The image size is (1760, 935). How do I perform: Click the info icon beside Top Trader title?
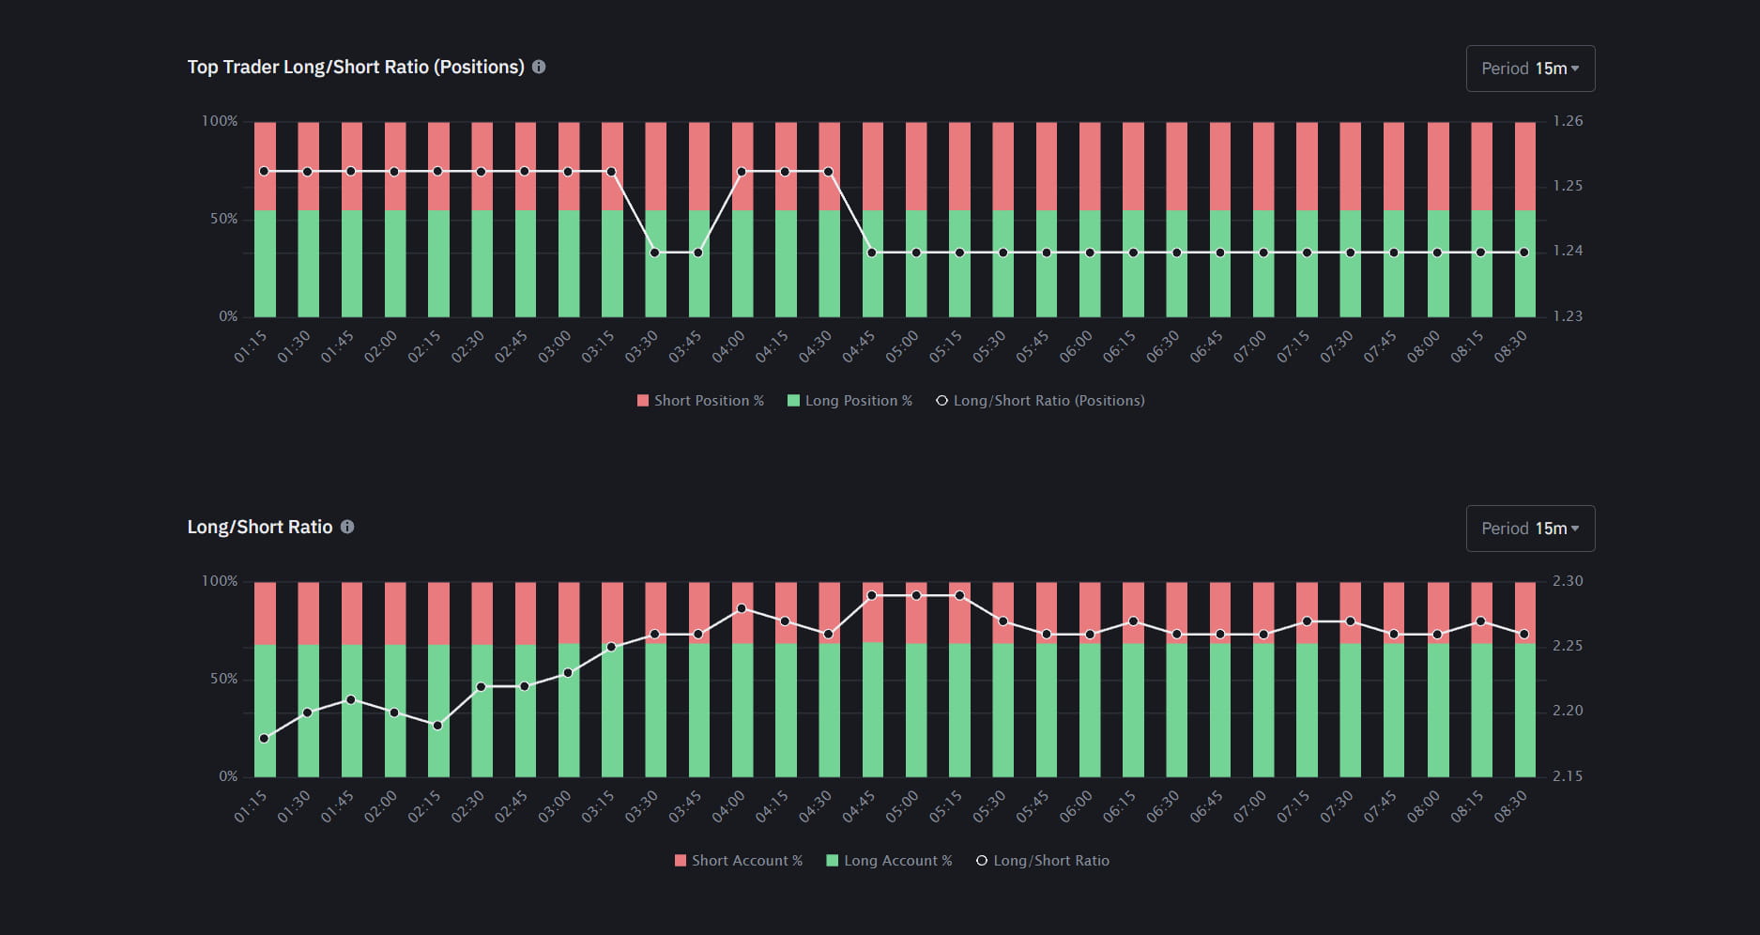pos(539,67)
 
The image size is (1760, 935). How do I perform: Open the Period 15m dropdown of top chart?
pos(1530,69)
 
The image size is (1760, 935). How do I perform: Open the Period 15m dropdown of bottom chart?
pos(1530,529)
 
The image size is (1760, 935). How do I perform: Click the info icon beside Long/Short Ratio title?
pos(347,527)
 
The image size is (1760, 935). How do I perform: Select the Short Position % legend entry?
pos(700,401)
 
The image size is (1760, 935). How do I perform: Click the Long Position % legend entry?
pos(849,401)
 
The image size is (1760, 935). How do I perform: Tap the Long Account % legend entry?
pos(889,861)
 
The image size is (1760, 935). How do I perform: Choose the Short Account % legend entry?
pos(739,861)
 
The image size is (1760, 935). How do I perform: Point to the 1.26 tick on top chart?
pos(1567,121)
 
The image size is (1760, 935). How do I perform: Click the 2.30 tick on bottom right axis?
pos(1567,581)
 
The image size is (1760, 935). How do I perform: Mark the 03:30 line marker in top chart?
pos(655,253)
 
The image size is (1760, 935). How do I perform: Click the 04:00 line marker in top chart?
pos(742,172)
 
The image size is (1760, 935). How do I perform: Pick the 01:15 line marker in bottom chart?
pos(264,739)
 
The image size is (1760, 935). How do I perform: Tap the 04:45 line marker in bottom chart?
pos(872,595)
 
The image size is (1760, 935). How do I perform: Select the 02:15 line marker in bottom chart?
pos(437,726)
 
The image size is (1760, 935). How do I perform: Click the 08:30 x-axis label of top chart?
pos(1510,346)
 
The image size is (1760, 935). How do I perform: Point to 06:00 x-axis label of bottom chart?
pos(1076,806)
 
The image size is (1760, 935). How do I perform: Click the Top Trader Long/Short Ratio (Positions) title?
pos(356,67)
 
